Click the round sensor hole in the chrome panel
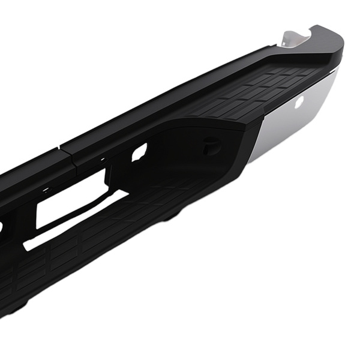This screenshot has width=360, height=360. point(298,103)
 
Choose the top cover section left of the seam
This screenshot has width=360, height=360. point(30,174)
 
